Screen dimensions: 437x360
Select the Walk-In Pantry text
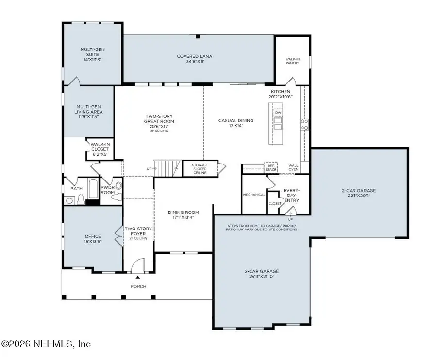point(292,61)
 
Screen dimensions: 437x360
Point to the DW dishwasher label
point(278,113)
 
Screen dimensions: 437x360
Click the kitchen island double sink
point(278,124)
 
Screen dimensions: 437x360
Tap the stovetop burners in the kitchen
point(304,125)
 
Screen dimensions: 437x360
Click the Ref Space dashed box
point(271,167)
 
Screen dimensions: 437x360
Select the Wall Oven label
point(293,167)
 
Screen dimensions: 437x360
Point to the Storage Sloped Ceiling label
point(200,169)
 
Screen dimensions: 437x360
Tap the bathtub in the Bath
point(93,188)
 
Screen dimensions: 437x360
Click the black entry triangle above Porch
point(138,277)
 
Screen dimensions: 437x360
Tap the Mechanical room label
point(254,195)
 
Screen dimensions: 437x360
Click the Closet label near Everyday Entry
point(275,203)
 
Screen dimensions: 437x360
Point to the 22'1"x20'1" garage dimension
point(359,196)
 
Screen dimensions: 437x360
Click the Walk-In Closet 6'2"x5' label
point(100,149)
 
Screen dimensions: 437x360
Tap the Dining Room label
point(184,213)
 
